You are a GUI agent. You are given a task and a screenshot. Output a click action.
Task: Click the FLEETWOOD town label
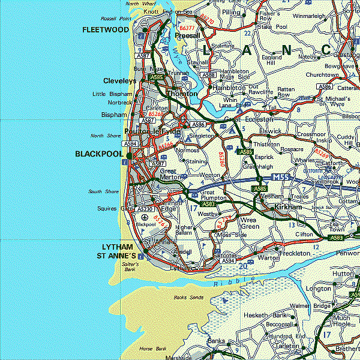106,29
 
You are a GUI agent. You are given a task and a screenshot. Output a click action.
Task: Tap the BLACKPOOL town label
99,154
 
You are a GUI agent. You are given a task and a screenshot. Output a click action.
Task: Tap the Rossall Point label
116,19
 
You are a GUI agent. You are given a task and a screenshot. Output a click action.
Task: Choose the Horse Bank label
152,348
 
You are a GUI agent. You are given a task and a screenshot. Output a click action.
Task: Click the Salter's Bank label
130,267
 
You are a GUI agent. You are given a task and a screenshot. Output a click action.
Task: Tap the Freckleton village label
295,253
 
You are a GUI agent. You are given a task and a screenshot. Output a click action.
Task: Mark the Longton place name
319,289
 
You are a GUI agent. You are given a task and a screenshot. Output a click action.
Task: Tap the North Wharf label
141,4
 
